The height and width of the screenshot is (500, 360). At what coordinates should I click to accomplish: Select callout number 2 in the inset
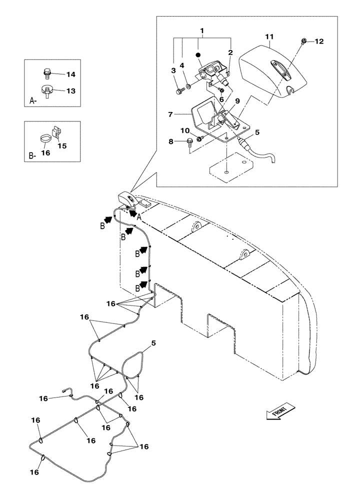[230, 52]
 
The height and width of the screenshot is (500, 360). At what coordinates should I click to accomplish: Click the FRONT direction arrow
[278, 413]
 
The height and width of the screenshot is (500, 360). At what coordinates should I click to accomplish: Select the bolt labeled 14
[47, 74]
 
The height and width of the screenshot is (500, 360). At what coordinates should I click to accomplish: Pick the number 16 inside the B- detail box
[45, 153]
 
